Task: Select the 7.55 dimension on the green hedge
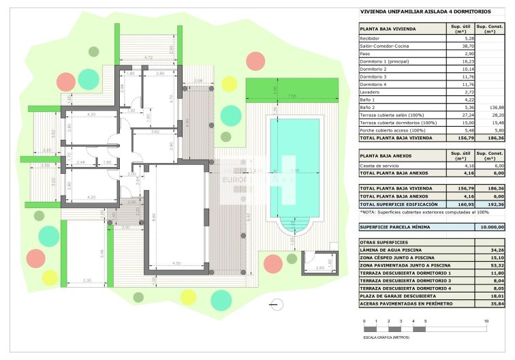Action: coord(292,95)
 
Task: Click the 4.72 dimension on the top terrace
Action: coord(148,58)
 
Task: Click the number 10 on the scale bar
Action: coord(486,320)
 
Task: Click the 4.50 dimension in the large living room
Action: coord(176,263)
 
